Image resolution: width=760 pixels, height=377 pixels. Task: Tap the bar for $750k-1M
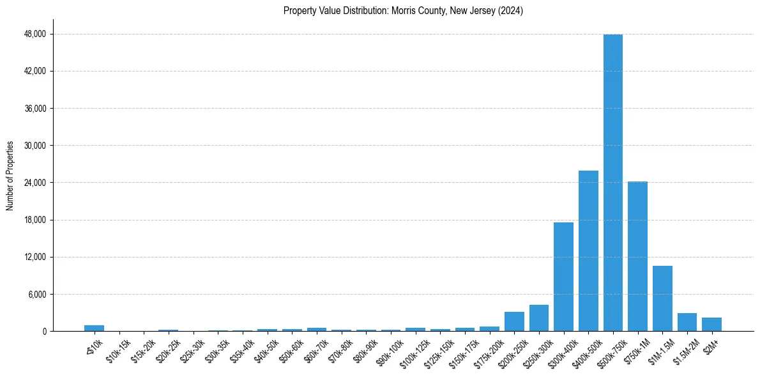(637, 256)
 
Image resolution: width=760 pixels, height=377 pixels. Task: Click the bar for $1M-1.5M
(662, 298)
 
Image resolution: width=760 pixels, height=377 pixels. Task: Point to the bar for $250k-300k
(539, 318)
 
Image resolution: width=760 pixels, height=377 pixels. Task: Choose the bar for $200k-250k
(514, 321)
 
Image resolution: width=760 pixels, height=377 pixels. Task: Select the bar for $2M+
(711, 325)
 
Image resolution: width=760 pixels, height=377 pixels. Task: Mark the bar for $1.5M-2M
(687, 322)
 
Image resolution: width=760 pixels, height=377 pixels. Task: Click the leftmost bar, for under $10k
(94, 328)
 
